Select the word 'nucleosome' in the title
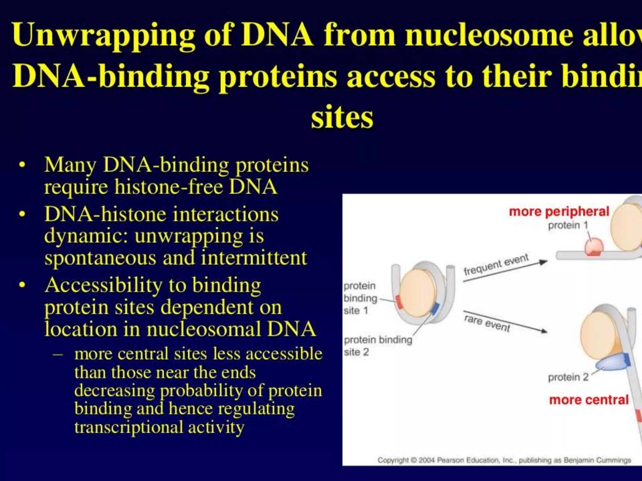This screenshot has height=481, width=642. point(489,35)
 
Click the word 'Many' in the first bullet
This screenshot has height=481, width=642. point(70,165)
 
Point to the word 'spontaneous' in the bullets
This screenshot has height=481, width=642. point(100,258)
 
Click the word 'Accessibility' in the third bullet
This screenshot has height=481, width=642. point(103,286)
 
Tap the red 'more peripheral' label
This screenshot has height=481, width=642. point(559,212)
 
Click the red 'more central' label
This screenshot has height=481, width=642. point(589,400)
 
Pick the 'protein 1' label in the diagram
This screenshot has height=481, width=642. point(568,225)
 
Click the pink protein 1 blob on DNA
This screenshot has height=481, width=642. point(593,246)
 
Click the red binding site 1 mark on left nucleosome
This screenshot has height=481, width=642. point(399,302)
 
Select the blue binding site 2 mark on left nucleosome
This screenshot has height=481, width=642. point(435,308)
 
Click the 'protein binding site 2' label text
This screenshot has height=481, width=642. point(377,346)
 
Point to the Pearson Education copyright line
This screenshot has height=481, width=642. point(504,460)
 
